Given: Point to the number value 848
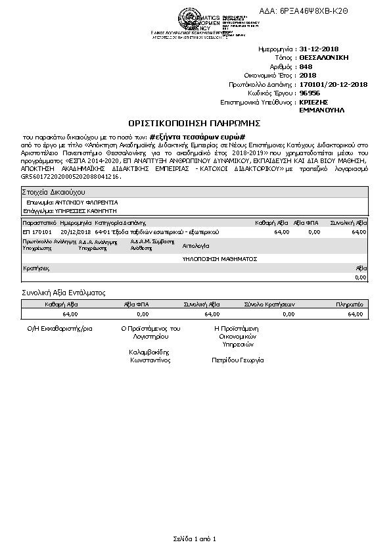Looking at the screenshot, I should (306, 67).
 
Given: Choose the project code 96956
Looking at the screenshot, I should (310, 94).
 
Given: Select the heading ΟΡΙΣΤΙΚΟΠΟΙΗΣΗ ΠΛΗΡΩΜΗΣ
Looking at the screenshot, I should (195, 123).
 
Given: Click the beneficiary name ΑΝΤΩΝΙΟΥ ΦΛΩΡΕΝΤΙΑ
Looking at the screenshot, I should (86, 203).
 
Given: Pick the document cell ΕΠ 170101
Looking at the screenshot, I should (37, 232).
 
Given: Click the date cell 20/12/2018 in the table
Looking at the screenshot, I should (75, 232).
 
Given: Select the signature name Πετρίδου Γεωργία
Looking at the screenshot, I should (237, 360).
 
